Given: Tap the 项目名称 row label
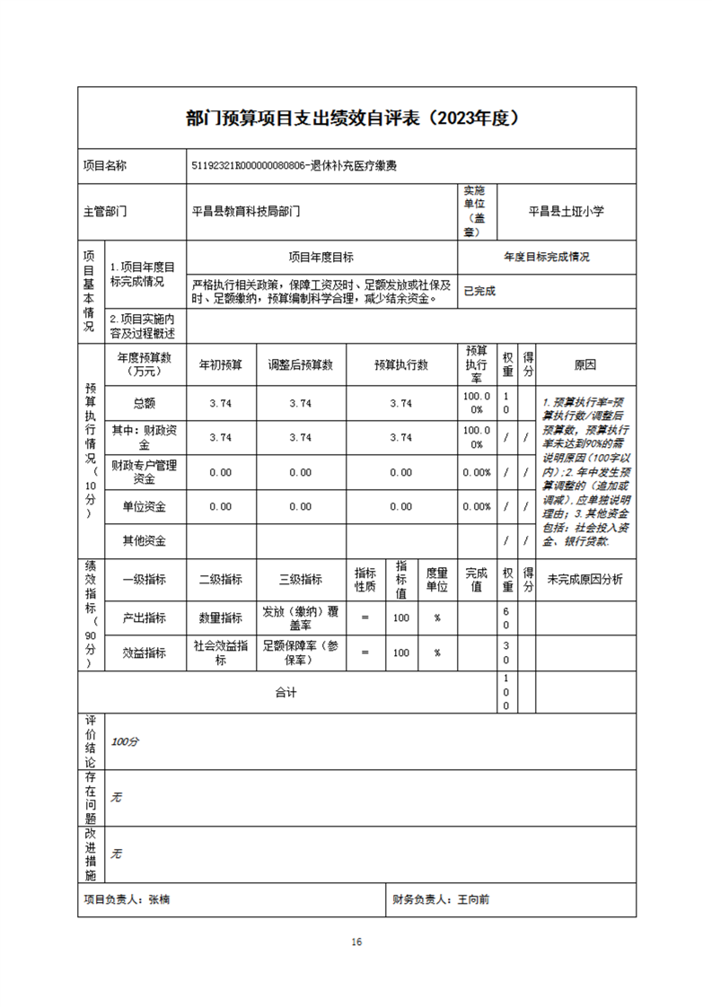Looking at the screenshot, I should pos(105,166).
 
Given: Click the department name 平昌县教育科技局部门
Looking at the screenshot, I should pos(246,213).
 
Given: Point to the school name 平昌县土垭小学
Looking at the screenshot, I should pos(566,212).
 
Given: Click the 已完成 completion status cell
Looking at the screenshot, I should pos(479,291).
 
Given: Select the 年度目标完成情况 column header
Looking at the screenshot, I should pos(547,257).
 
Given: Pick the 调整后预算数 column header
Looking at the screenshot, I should pos(301,365).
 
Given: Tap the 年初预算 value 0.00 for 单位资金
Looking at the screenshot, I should pos(220,506).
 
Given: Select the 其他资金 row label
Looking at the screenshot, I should pos(144,540).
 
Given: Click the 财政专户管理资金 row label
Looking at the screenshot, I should pos(144,472).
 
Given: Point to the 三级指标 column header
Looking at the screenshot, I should pos(301,579).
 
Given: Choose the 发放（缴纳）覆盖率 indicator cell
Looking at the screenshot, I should pos(301,617).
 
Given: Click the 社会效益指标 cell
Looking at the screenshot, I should pos(220,652).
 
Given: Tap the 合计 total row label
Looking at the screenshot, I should pos(286,693).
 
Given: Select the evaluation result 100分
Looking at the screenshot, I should pos(125,742).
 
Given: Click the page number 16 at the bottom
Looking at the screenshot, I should pos(356,941).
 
